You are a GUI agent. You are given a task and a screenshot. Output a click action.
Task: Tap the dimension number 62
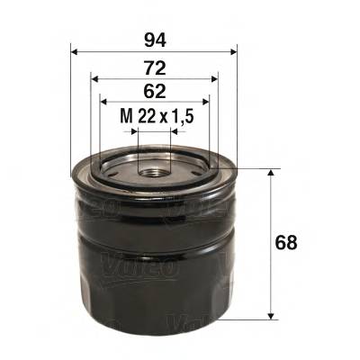tap(152, 90)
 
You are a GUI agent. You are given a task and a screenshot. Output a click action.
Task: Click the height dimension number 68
tap(287, 243)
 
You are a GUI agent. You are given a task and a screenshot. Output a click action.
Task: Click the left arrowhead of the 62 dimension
tap(103, 101)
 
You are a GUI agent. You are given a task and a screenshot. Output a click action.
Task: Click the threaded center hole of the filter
tap(153, 167)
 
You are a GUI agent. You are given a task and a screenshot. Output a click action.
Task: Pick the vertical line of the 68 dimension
tap(271, 243)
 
